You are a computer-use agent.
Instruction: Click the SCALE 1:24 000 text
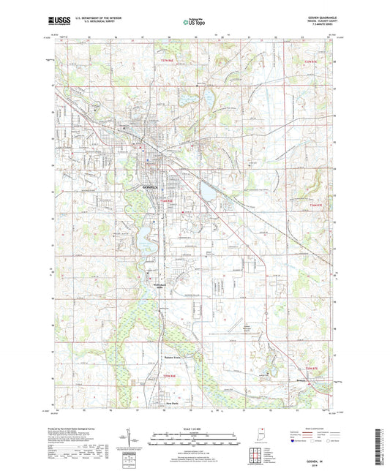[x=192, y=427]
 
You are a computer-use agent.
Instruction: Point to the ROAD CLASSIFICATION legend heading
[x=314, y=426]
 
